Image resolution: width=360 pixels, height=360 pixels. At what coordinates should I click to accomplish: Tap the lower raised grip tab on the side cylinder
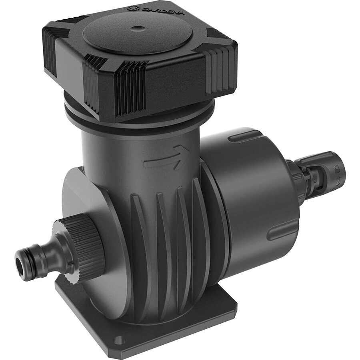tap(282, 232)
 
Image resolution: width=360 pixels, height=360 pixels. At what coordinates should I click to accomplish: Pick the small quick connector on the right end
tap(320, 172)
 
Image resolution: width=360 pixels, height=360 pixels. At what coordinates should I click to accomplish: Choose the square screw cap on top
tap(140, 56)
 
